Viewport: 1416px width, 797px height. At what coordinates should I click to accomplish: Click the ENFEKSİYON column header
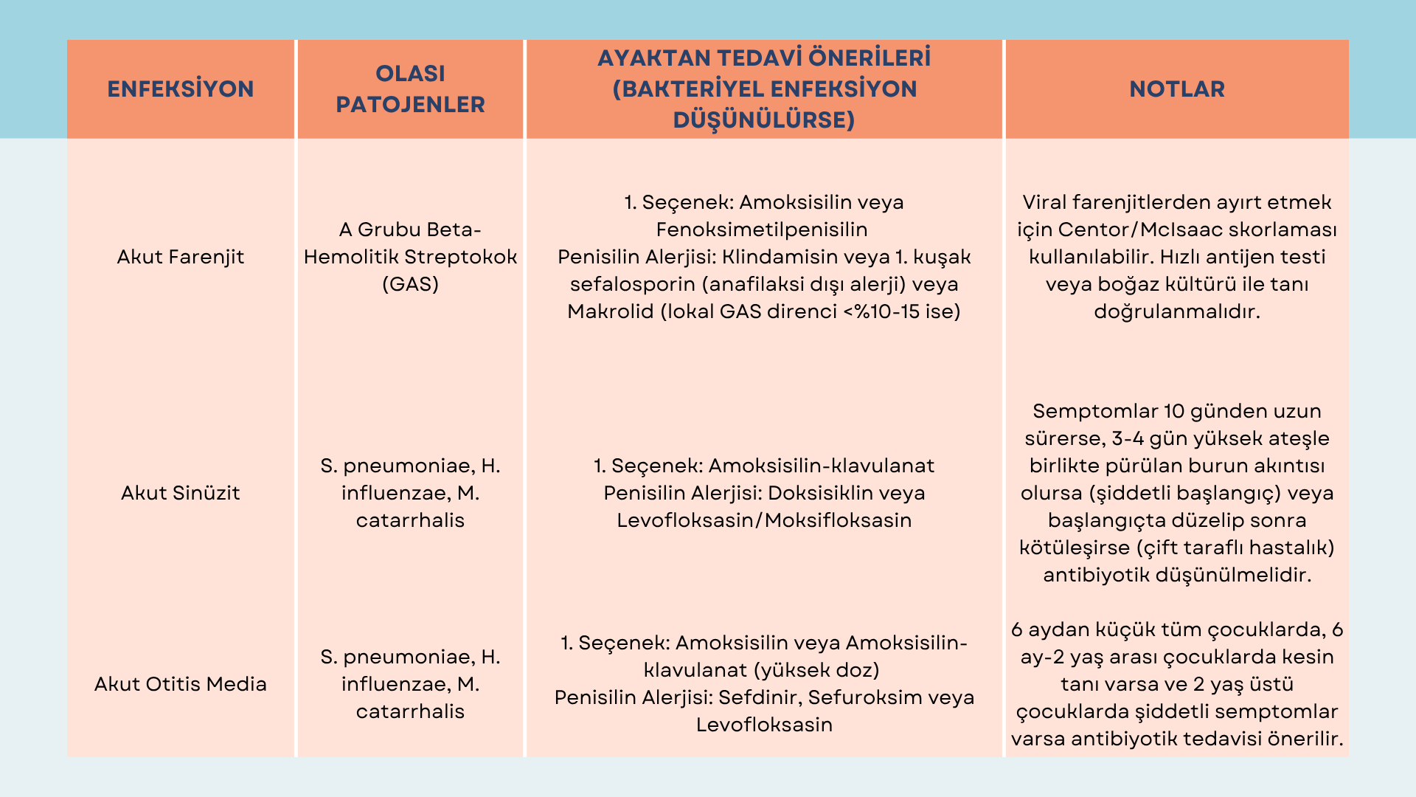click(181, 89)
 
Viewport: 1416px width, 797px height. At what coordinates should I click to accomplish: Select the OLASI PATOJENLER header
click(410, 89)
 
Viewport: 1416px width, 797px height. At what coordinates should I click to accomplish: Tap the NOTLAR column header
click(1176, 89)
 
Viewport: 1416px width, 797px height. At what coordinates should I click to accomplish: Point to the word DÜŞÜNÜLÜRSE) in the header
click(764, 120)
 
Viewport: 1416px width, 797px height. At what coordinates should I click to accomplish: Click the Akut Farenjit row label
click(181, 257)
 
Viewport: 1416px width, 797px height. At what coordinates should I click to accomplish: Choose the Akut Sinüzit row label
click(181, 493)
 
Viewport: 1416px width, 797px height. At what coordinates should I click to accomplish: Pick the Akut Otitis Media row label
click(181, 684)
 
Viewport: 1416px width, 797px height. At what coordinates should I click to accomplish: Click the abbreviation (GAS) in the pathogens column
click(410, 284)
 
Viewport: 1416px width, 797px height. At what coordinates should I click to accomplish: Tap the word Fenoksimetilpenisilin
click(762, 230)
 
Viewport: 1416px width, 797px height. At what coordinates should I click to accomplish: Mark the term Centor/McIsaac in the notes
click(1139, 230)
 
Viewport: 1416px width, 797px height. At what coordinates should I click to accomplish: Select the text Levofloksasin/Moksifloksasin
click(764, 520)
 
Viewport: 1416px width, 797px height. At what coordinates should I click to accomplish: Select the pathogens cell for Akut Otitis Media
click(410, 684)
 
